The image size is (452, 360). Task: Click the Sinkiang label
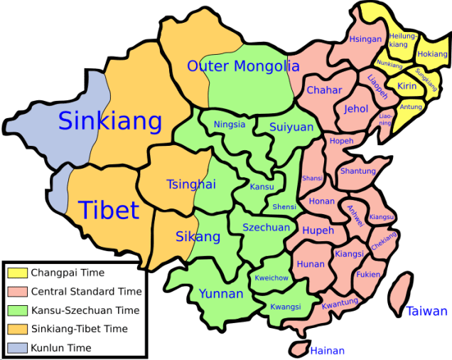click(x=110, y=121)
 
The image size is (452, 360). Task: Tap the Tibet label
click(x=108, y=210)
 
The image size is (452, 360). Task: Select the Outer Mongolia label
click(x=243, y=66)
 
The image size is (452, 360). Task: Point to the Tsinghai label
click(x=190, y=184)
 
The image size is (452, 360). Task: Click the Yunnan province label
click(x=221, y=293)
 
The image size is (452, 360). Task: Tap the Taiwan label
click(x=427, y=311)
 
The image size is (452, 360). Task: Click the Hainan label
click(x=328, y=351)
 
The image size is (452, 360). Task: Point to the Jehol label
click(x=356, y=110)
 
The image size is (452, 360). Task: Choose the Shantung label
click(x=357, y=171)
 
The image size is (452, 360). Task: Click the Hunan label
click(x=311, y=265)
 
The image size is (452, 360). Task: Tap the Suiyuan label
click(x=291, y=127)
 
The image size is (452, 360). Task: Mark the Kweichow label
click(x=271, y=278)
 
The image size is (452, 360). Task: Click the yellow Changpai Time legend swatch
click(x=17, y=272)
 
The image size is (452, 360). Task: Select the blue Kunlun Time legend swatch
click(x=17, y=348)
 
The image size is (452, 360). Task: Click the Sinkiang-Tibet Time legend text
click(x=79, y=329)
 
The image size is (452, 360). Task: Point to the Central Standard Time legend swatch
click(x=17, y=291)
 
